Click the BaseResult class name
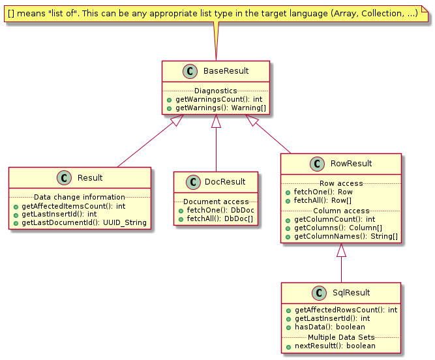(x=226, y=71)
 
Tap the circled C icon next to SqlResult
(x=319, y=293)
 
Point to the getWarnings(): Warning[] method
(x=220, y=108)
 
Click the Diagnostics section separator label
(x=216, y=91)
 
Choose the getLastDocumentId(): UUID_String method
(x=84, y=222)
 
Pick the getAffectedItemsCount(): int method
(x=74, y=206)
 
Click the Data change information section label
(x=80, y=197)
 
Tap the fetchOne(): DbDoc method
(x=220, y=210)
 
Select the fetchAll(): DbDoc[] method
(x=220, y=219)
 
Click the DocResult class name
(x=225, y=182)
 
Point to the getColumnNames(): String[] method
(x=346, y=236)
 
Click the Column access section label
(x=341, y=211)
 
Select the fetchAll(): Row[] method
(x=323, y=200)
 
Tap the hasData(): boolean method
(x=330, y=327)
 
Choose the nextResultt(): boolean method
(x=335, y=346)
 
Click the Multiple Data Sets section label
(x=341, y=337)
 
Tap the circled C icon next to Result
(x=64, y=178)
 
